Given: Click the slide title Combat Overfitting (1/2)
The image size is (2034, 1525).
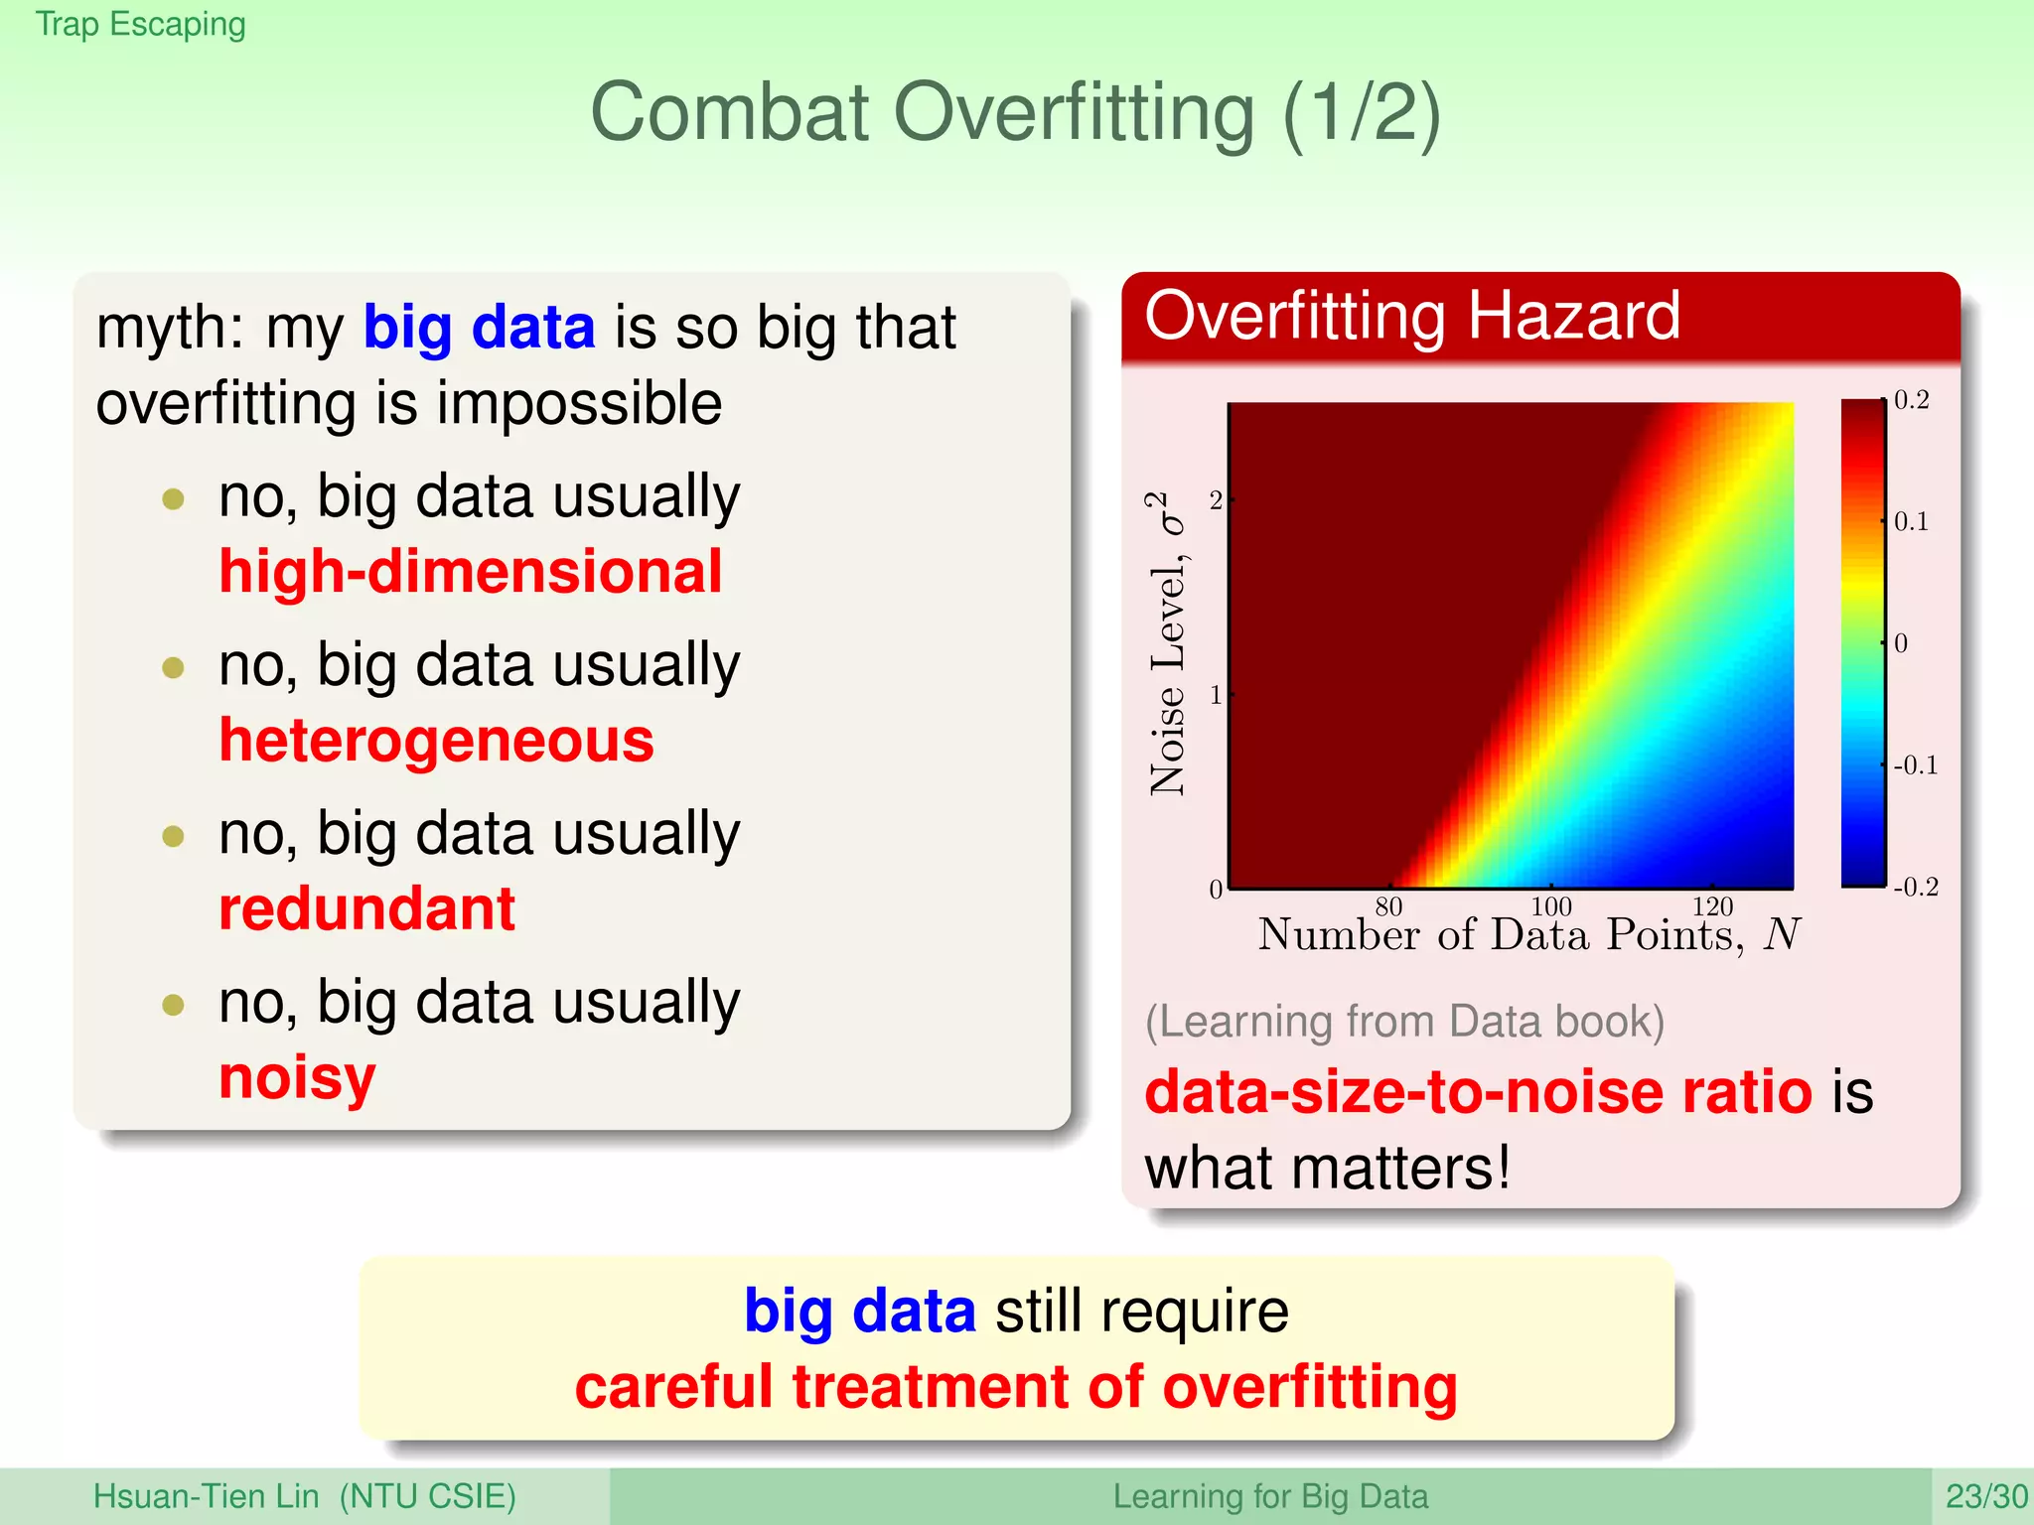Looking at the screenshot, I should coord(1015,112).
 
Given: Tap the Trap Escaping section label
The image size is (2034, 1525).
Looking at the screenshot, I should coord(140,24).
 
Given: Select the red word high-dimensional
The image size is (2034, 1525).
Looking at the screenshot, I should coord(470,572).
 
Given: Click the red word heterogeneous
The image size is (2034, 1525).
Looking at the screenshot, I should coord(436,741).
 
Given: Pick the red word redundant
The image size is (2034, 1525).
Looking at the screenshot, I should coord(366,909).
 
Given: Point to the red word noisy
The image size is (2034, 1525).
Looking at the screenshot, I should coord(297,1078).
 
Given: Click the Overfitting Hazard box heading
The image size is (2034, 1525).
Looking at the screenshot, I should coord(1411,316).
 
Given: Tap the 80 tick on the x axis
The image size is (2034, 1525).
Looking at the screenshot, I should coord(1388,905).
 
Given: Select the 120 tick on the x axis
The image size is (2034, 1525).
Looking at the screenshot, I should coord(1712,905).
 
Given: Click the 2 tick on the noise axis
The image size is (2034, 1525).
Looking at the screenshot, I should coord(1216,500).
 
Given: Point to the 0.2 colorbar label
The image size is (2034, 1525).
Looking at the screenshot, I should coord(1911,400).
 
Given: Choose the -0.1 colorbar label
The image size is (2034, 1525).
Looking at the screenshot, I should coord(1915,765).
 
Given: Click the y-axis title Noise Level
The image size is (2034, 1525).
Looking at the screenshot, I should coord(1168,643).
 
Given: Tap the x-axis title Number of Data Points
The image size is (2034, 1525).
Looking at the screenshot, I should coord(1528,935).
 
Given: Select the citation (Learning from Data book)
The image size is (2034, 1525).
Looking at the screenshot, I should coord(1404,1022).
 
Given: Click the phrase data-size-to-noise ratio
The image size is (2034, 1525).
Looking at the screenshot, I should coord(1478,1092).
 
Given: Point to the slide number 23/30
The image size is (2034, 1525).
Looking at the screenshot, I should coord(1985,1496).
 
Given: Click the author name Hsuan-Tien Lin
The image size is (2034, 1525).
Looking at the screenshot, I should coord(206,1496).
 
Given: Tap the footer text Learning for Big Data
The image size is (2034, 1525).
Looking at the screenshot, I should coord(1269,1496).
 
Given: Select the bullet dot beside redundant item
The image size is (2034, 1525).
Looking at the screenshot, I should coord(174,836).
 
